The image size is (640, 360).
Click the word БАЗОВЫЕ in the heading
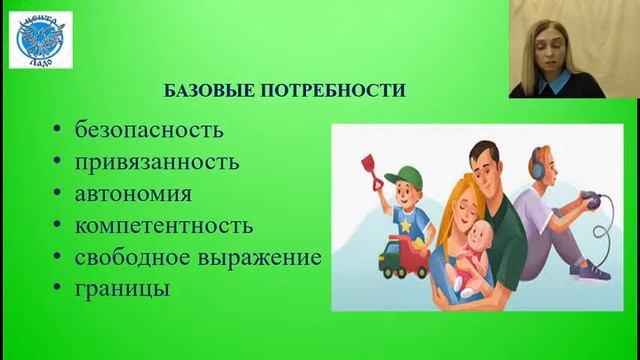206,91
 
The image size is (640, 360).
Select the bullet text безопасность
149,131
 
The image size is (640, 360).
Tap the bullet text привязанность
157,162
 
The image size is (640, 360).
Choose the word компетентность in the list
164,225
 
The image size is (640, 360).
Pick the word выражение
263,257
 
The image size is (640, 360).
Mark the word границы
121,288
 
